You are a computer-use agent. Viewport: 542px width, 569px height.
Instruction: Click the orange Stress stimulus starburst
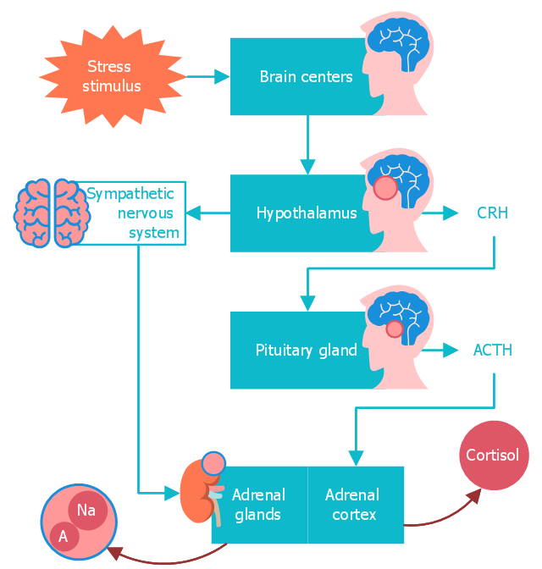point(113,76)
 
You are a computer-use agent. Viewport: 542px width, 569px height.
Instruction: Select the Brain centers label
point(306,77)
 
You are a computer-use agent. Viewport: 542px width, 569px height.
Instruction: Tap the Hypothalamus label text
point(306,213)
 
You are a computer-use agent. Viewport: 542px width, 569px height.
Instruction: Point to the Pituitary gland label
point(306,350)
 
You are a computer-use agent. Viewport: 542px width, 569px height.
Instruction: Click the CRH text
point(492,213)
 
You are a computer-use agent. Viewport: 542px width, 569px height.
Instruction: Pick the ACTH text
point(492,350)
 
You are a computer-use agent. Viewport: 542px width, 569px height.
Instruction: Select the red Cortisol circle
point(493,456)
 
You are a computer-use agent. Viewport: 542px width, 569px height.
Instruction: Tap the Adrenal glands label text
point(258,505)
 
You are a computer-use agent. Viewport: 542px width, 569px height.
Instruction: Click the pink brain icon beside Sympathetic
point(52,213)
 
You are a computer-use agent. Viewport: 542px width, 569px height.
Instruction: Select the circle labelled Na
point(86,510)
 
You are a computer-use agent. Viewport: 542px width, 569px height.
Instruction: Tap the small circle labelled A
point(63,535)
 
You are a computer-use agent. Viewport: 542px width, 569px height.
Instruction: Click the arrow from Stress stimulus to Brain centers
point(208,76)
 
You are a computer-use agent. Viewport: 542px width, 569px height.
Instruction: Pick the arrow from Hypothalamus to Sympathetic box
point(208,213)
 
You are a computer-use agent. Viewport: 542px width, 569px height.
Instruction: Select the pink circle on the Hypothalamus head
point(385,188)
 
